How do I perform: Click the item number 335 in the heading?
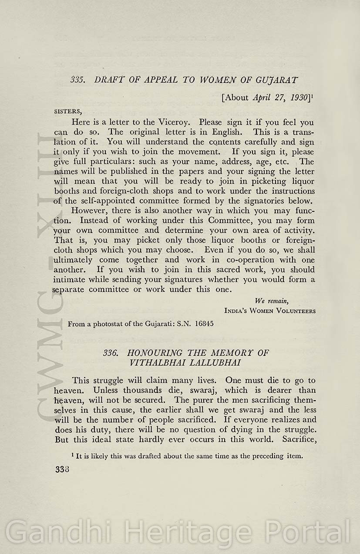(77, 80)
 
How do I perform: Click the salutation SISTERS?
(67, 111)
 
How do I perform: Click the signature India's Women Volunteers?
(270, 311)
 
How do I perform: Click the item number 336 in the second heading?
(111, 352)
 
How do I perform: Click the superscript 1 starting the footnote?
(72, 455)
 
